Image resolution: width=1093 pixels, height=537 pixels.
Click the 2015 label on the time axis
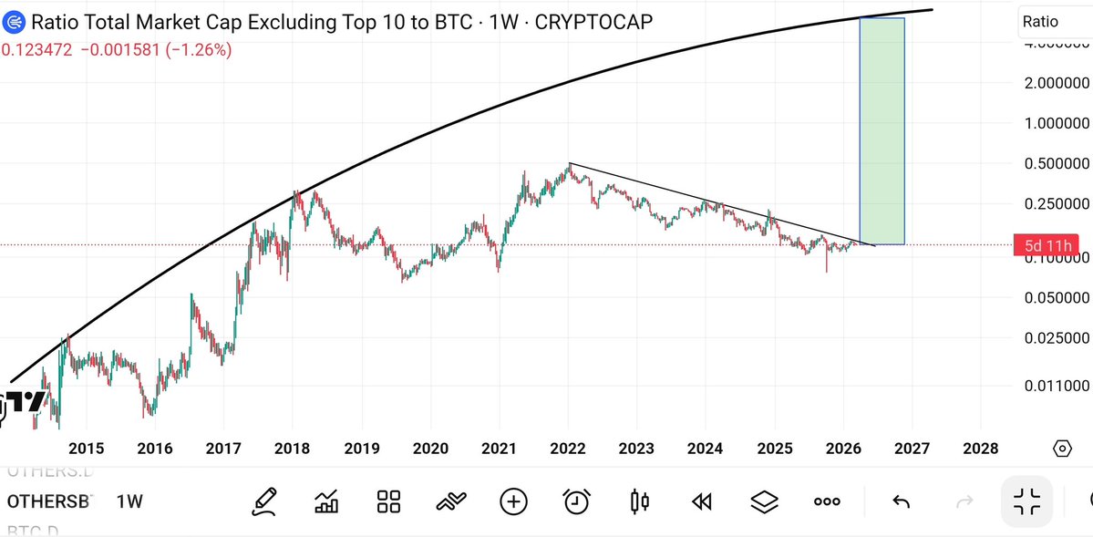click(86, 448)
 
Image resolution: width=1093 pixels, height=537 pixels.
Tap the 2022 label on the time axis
click(567, 448)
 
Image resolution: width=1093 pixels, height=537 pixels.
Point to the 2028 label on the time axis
click(980, 448)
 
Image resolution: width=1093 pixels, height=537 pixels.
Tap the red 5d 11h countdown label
click(1045, 244)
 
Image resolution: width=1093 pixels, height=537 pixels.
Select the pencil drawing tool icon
click(264, 501)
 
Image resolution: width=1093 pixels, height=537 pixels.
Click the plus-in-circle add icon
click(513, 501)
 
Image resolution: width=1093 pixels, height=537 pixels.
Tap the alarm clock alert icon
click(576, 501)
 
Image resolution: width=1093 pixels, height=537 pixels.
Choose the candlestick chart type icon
click(639, 501)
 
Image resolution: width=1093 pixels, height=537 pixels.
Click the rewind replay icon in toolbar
click(701, 501)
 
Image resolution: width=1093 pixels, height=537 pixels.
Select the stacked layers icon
click(764, 501)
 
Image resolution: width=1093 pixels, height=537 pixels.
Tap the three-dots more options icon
click(827, 501)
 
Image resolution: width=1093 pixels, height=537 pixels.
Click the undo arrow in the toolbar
click(901, 501)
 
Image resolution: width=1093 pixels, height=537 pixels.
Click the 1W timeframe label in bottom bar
click(129, 501)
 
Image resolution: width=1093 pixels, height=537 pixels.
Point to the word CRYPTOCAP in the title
click(593, 22)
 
